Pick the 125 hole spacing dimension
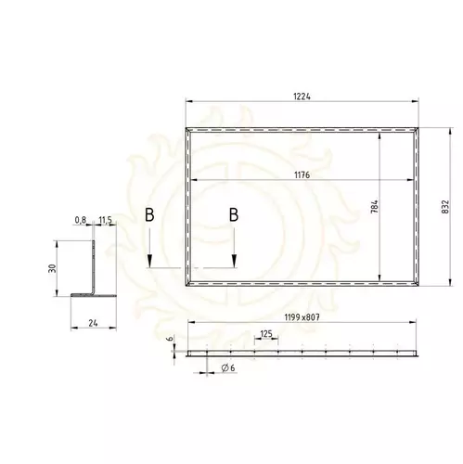[267, 334]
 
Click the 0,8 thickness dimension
[80, 220]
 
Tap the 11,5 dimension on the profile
[105, 220]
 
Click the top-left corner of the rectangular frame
[187, 128]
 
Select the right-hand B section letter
[234, 215]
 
